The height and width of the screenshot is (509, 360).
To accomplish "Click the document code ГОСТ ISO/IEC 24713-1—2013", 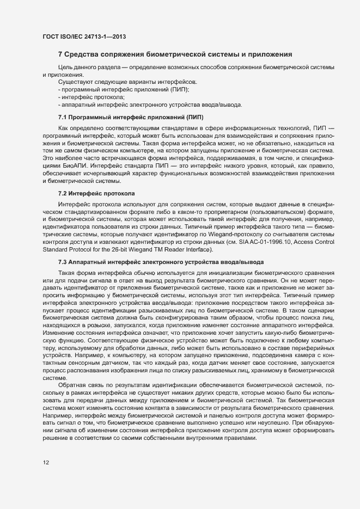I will tap(84, 37).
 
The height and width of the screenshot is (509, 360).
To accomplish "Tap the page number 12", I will tap(46, 463).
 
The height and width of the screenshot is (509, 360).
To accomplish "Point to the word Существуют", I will tap(75, 82).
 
